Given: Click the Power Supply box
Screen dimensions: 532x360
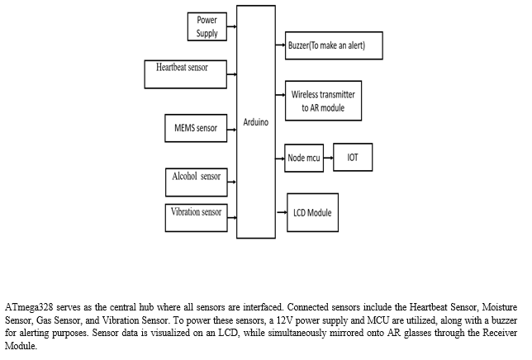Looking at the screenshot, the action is (x=207, y=26).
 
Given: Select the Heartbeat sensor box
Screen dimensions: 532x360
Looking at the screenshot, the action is (x=186, y=74).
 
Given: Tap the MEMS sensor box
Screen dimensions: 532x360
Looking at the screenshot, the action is (x=196, y=128).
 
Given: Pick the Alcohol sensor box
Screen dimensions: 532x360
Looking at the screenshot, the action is (x=197, y=182).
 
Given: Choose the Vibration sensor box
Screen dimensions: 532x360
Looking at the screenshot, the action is (x=196, y=218).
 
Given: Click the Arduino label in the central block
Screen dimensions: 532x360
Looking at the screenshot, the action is (x=256, y=122).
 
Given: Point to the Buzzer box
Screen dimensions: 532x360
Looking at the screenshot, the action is (x=334, y=45).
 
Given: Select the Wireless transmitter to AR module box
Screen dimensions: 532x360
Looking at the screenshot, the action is (x=323, y=101).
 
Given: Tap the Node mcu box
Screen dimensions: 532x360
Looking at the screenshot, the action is (x=304, y=158).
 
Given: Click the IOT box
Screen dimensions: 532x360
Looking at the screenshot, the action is (x=353, y=157).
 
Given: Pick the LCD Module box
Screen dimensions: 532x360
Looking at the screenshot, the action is (x=312, y=212).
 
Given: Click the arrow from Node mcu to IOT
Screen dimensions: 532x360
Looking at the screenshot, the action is (x=329, y=158).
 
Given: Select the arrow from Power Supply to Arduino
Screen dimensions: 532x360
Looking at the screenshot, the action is (x=232, y=26).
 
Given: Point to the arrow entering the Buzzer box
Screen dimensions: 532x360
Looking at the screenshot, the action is (x=280, y=45).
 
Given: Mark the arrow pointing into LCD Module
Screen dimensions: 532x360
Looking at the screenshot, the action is (x=282, y=212).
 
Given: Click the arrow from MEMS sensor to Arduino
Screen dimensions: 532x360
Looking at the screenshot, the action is (x=232, y=130).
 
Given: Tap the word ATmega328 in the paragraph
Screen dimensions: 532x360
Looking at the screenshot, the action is (x=29, y=307).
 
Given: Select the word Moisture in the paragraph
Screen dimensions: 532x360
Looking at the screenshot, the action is (x=500, y=307).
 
